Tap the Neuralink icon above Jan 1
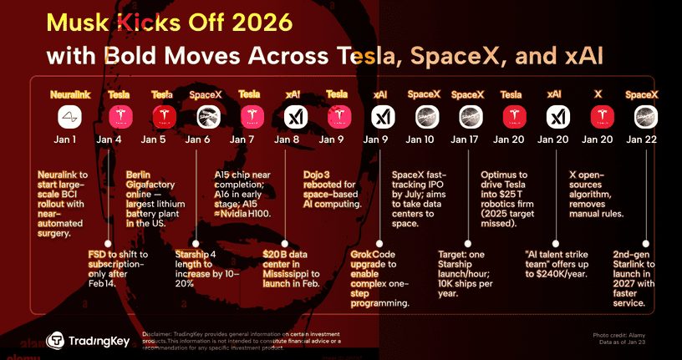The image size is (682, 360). (69, 116)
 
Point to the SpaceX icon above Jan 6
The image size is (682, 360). (205, 116)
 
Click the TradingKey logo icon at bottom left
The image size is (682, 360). (57, 340)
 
